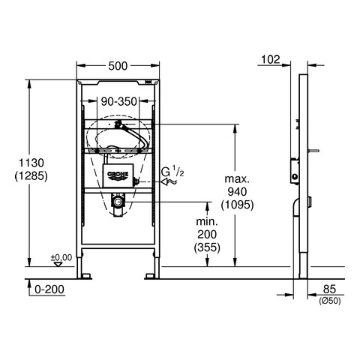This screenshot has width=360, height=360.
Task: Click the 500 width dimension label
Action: (x=118, y=66)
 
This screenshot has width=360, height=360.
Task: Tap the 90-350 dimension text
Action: (x=118, y=101)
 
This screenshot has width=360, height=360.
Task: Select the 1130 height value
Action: (x=31, y=163)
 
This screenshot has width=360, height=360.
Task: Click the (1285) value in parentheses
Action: (x=31, y=176)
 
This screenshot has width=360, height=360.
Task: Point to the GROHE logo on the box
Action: (x=118, y=175)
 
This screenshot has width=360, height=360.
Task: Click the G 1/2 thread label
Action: (x=172, y=172)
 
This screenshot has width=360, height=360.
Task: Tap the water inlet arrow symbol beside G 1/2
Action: (x=169, y=181)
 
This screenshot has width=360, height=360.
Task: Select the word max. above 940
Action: (x=237, y=179)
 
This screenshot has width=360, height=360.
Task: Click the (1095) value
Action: (x=237, y=205)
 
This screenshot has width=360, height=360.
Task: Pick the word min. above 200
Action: (x=207, y=221)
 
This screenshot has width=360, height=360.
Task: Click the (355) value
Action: (x=207, y=247)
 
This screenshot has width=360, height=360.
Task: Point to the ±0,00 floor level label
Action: (x=61, y=257)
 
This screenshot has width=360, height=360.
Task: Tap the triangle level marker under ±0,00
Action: (x=58, y=264)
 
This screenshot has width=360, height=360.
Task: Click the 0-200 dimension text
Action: (x=49, y=289)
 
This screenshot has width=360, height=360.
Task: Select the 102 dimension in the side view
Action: (x=271, y=59)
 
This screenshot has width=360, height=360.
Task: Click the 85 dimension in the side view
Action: (x=329, y=289)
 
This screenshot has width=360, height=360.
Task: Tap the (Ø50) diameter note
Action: (x=329, y=301)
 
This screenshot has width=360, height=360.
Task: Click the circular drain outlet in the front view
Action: (x=117, y=201)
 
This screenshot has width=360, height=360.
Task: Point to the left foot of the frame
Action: (x=84, y=276)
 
